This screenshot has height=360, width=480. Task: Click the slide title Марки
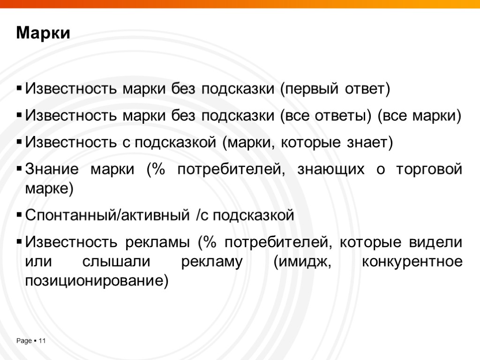click(43, 34)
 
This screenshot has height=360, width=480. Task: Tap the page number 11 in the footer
click(42, 341)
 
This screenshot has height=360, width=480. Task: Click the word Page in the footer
click(24, 341)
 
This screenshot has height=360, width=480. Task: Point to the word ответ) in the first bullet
click(364, 89)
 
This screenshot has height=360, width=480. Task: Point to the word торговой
click(429, 169)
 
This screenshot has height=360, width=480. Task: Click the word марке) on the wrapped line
click(49, 189)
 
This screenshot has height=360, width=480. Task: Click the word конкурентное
click(412, 262)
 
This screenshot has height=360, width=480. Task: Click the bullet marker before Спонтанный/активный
click(19, 216)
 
